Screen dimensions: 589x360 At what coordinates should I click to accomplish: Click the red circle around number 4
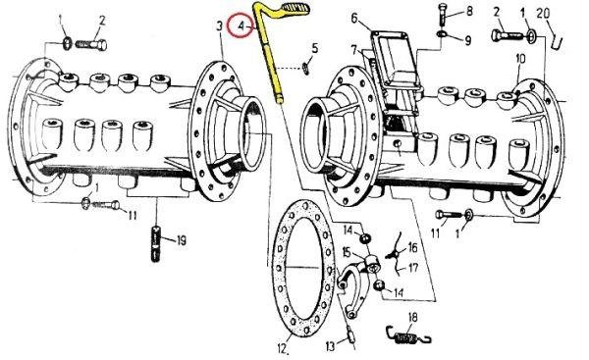click(x=241, y=26)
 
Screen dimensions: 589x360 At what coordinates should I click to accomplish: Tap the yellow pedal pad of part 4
click(x=296, y=7)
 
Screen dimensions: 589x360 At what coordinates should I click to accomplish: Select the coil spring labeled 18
click(x=408, y=335)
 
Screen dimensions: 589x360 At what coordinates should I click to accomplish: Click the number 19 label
click(x=182, y=240)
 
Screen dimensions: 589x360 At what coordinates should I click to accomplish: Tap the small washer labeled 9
click(x=442, y=34)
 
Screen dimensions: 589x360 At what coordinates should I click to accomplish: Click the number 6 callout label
click(x=355, y=18)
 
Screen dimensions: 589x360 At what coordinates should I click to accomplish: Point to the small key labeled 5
click(x=305, y=69)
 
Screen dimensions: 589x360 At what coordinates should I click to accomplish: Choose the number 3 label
click(x=220, y=26)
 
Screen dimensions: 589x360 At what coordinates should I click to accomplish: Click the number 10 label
click(x=520, y=59)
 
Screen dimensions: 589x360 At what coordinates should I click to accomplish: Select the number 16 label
click(x=413, y=247)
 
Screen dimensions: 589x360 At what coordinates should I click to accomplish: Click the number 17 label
click(x=413, y=268)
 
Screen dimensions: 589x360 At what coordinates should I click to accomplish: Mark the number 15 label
click(x=347, y=252)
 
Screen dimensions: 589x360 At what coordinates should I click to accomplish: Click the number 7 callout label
click(x=355, y=49)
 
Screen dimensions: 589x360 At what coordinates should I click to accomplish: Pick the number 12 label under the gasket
click(x=284, y=349)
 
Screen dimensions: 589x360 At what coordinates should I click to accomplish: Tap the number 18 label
click(x=412, y=318)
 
